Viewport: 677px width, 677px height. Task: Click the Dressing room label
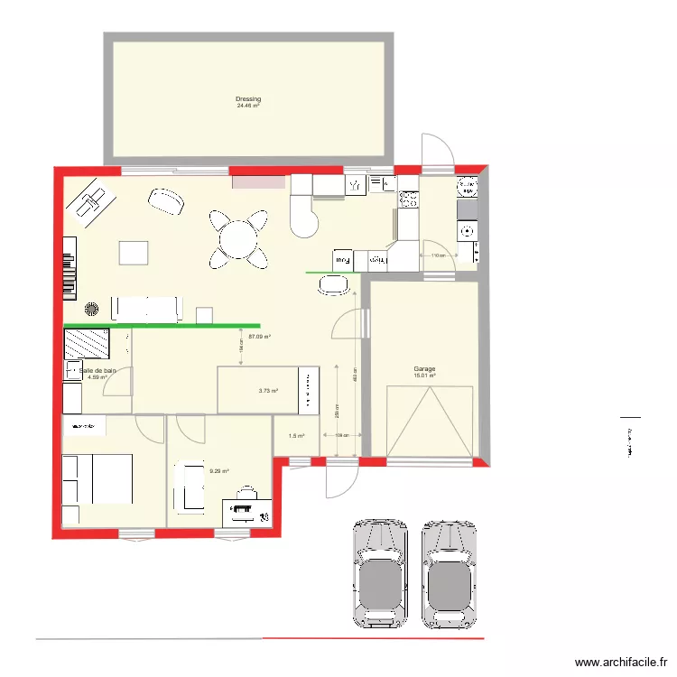248,98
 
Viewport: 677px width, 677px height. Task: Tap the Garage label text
424,369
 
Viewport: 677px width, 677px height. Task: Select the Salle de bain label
97,370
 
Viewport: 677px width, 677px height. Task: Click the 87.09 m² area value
260,336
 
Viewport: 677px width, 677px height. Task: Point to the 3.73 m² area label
268,391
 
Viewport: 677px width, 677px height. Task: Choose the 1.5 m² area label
296,436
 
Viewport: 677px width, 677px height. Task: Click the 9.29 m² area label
219,470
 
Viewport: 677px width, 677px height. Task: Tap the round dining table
238,240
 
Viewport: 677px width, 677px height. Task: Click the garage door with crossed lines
430,422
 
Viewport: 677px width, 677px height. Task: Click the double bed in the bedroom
97,478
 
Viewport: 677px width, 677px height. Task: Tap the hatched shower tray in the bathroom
87,344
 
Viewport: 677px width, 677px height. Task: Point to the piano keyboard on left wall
69,268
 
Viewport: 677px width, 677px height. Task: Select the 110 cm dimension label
437,256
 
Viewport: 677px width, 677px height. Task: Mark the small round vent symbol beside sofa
91,310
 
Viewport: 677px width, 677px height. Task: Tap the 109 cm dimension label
341,436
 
